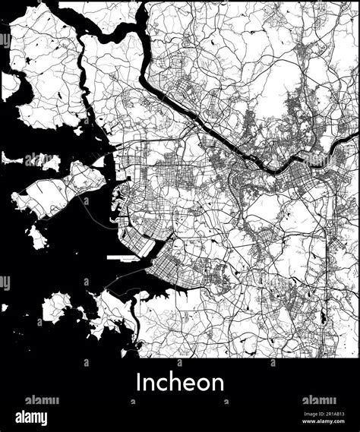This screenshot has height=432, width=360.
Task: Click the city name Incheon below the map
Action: point(180,381)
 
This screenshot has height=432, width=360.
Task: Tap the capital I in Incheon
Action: point(139,381)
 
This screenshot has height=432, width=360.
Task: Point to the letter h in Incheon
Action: point(172,381)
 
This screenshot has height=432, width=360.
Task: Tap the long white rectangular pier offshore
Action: point(125,257)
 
